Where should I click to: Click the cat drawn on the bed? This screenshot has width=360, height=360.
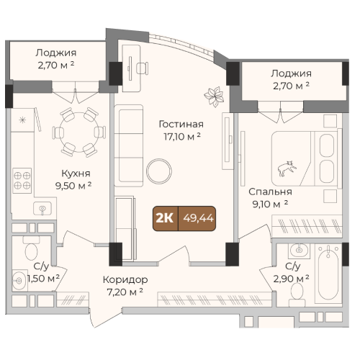(287, 168)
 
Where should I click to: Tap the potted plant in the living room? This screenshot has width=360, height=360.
(214, 96)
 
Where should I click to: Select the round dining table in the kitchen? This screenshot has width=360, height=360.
(78, 132)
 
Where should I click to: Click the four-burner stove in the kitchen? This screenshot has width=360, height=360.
(22, 181)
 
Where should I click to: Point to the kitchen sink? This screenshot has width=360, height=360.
(42, 209)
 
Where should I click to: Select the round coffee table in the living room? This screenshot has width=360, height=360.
(159, 171)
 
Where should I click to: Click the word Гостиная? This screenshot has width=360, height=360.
(181, 125)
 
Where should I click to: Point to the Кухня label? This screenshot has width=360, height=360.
(76, 174)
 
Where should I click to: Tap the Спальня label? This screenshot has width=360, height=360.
(270, 192)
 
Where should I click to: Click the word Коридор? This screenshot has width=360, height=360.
(125, 279)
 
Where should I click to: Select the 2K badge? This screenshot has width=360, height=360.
(166, 218)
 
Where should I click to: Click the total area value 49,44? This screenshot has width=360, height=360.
(198, 218)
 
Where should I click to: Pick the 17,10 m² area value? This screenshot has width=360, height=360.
(182, 137)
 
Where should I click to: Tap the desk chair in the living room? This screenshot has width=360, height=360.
(143, 68)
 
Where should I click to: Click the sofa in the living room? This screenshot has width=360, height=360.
(129, 145)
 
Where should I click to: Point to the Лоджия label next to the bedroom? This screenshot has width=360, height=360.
(292, 73)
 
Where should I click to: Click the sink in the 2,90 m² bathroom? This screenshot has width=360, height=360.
(299, 251)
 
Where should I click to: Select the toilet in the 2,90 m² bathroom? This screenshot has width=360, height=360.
(297, 294)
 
